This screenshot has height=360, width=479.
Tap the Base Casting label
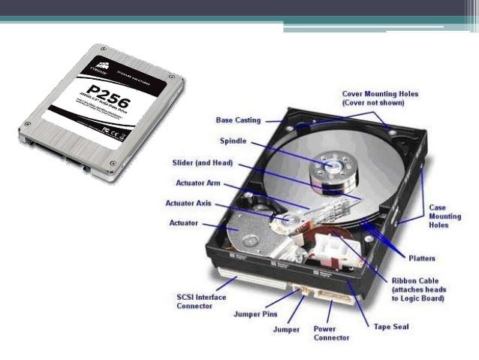238,119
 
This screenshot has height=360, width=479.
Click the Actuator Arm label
197,183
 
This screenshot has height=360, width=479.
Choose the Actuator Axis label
197,203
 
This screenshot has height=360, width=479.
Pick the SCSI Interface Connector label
196,302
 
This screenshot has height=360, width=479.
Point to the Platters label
421,259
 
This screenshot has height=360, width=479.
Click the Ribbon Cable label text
418,289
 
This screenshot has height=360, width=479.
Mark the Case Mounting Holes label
444,216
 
